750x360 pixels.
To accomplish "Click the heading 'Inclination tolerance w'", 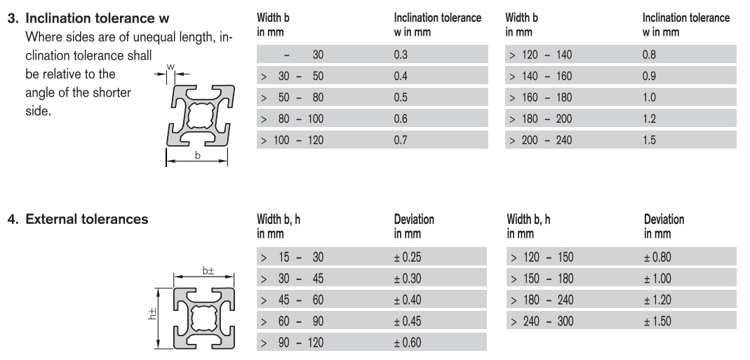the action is click(97, 18).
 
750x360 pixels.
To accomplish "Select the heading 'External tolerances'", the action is click(86, 219).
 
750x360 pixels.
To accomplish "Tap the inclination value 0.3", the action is click(401, 55).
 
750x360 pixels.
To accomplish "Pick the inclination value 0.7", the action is click(401, 140).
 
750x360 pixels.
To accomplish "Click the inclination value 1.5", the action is click(649, 140).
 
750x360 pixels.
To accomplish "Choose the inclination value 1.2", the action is click(649, 119).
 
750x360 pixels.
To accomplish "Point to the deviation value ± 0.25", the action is click(408, 257).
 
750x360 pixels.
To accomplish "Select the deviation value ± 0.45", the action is click(408, 321).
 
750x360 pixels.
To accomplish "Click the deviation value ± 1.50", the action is click(657, 321).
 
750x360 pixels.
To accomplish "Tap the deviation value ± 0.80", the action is click(657, 257).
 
